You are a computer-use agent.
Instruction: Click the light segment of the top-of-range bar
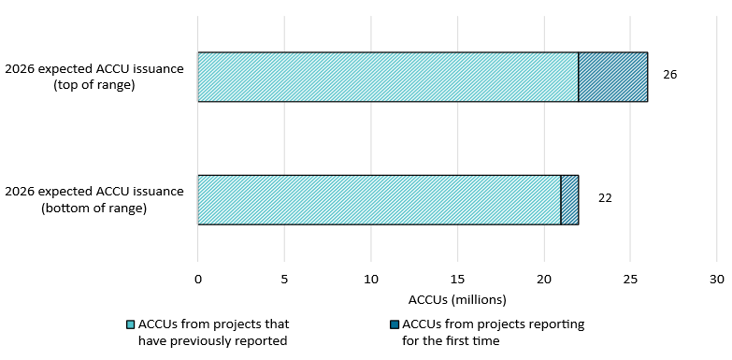pyautogui.click(x=388, y=77)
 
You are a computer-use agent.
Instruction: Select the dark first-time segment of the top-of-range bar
pyautogui.click(x=613, y=77)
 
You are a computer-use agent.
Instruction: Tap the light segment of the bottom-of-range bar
pyautogui.click(x=379, y=199)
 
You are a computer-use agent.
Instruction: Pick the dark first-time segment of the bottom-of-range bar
pyautogui.click(x=569, y=199)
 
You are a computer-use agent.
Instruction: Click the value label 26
pyautogui.click(x=669, y=74)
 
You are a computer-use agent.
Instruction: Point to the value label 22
pyautogui.click(x=605, y=198)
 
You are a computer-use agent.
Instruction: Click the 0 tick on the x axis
pyautogui.click(x=198, y=279)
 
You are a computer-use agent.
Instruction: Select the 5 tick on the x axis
pyautogui.click(x=284, y=279)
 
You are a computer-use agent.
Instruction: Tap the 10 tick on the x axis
pyautogui.click(x=371, y=279)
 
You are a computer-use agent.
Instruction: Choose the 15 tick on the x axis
pyautogui.click(x=457, y=279)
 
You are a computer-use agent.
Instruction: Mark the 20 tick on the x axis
pyautogui.click(x=544, y=279)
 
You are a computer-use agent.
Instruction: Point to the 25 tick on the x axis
pyautogui.click(x=630, y=279)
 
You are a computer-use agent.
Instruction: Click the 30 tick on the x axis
pyautogui.click(x=717, y=279)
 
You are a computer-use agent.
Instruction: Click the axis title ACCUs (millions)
pyautogui.click(x=457, y=300)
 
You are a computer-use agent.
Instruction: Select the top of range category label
pyautogui.click(x=93, y=76)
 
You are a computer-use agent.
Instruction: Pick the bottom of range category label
pyautogui.click(x=93, y=199)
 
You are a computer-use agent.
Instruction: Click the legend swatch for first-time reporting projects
pyautogui.click(x=394, y=324)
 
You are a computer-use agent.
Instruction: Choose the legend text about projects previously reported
pyautogui.click(x=213, y=332)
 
